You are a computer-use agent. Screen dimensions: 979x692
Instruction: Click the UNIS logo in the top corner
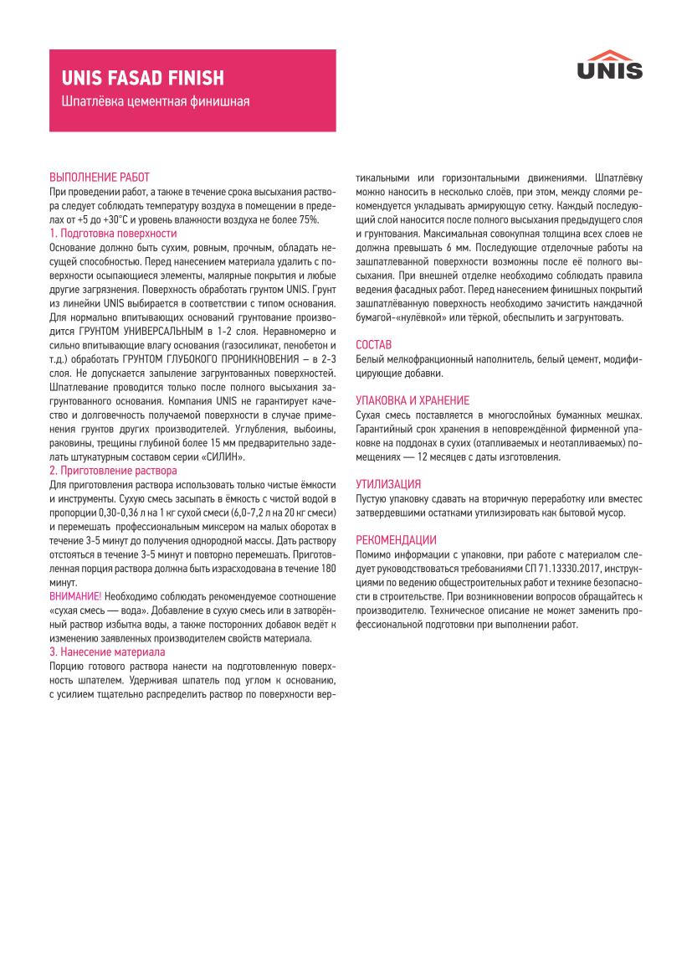coord(609,64)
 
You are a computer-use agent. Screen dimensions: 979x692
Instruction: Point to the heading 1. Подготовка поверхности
coord(113,233)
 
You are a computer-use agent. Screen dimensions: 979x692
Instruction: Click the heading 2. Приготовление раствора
coord(113,471)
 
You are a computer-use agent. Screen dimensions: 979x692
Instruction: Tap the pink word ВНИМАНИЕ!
coord(75,595)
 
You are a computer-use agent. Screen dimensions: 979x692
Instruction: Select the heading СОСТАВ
coord(373,344)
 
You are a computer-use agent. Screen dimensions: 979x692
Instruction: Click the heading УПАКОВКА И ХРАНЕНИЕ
coord(413,400)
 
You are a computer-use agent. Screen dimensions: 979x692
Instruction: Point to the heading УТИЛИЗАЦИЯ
coord(388,484)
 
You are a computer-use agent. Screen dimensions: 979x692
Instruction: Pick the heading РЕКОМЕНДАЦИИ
coord(396,539)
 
